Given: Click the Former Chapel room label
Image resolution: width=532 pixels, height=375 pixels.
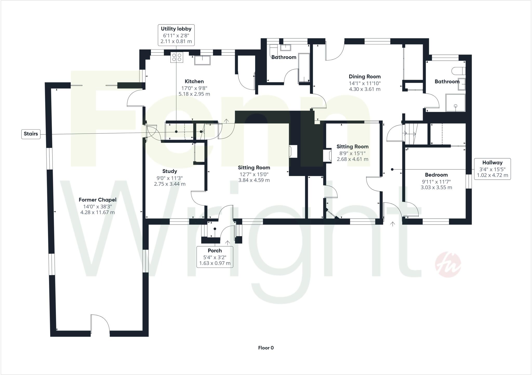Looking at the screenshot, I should coord(97,200).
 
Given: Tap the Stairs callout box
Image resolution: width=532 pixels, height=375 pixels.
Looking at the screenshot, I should coord(31,134).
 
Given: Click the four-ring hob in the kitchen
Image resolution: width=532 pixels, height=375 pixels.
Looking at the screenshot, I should coord(177,57).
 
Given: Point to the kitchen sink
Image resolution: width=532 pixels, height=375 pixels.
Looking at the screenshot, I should coord(202,60).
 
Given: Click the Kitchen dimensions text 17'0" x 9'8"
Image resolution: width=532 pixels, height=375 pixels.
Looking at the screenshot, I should coord(194,88).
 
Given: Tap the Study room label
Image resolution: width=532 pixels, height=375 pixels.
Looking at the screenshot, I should coord(170,171).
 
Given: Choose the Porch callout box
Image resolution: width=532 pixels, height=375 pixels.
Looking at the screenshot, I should coord(215,257).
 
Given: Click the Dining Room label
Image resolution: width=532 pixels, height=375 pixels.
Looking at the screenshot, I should coord(365,77).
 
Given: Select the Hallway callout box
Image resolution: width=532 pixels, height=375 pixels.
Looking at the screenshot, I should coord(492,169).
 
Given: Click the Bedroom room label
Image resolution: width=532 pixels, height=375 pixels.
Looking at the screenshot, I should coord(436,175).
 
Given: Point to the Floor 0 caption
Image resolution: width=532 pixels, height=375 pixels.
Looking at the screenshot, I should coord(266,348).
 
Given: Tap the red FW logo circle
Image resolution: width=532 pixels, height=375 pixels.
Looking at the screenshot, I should coord(448,265).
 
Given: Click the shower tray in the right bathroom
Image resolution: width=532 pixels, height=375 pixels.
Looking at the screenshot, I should coord(455,103).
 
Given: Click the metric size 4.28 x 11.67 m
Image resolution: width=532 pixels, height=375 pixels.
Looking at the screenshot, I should coord(97,212).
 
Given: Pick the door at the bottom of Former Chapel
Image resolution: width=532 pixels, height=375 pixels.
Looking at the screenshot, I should coord(100,324).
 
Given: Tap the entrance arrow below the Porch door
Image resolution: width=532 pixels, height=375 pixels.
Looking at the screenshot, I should coord(228,243).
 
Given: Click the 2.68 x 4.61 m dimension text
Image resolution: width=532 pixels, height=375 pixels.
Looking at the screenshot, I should coord(353,159).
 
